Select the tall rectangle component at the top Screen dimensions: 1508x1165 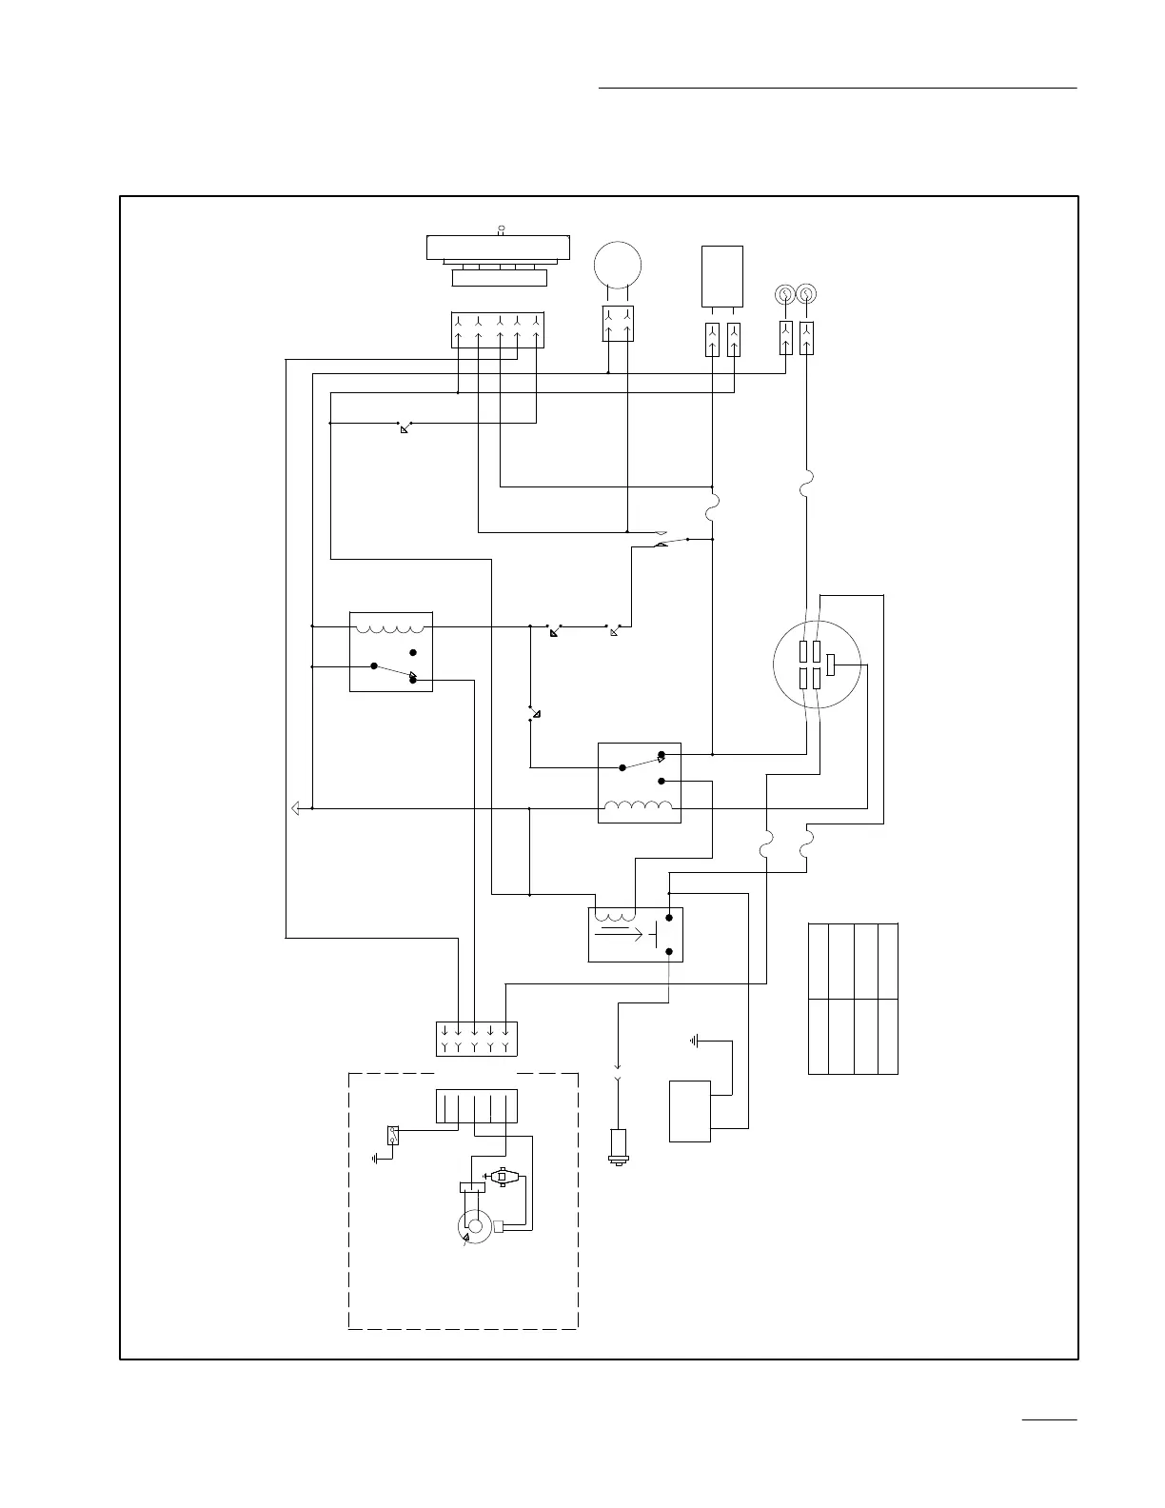[721, 277]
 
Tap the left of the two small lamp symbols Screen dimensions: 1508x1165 [785, 294]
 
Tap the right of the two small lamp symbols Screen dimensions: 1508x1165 [806, 294]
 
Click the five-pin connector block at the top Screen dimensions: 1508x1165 [497, 328]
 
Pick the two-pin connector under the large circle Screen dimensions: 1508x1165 [618, 324]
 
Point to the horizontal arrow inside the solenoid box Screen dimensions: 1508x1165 [617, 934]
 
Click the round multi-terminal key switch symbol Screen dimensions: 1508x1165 [818, 665]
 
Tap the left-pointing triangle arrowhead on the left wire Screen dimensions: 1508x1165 [294, 808]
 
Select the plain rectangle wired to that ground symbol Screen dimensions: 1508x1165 [690, 1110]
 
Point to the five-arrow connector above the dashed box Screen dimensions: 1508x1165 [476, 1038]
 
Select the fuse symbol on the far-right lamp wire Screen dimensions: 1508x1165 [806, 487]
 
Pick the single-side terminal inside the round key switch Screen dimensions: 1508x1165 [831, 665]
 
